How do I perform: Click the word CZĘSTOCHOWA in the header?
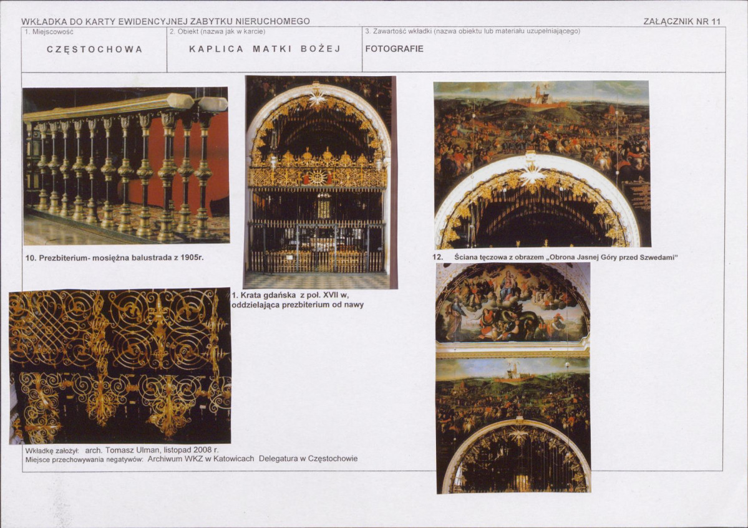[x=94, y=50]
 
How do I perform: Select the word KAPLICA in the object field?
[x=216, y=49]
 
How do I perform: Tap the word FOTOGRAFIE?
[x=394, y=49]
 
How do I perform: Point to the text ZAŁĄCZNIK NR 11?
[x=682, y=21]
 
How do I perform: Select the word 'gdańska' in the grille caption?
[x=279, y=295]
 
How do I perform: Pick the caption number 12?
[x=438, y=257]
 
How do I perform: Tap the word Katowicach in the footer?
[x=234, y=459]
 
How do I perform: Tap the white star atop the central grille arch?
[x=316, y=97]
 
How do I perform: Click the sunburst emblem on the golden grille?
[x=318, y=177]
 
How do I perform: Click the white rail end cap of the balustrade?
[x=212, y=104]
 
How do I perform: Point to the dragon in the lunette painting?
[x=515, y=319]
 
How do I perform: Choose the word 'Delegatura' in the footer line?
[x=278, y=459]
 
